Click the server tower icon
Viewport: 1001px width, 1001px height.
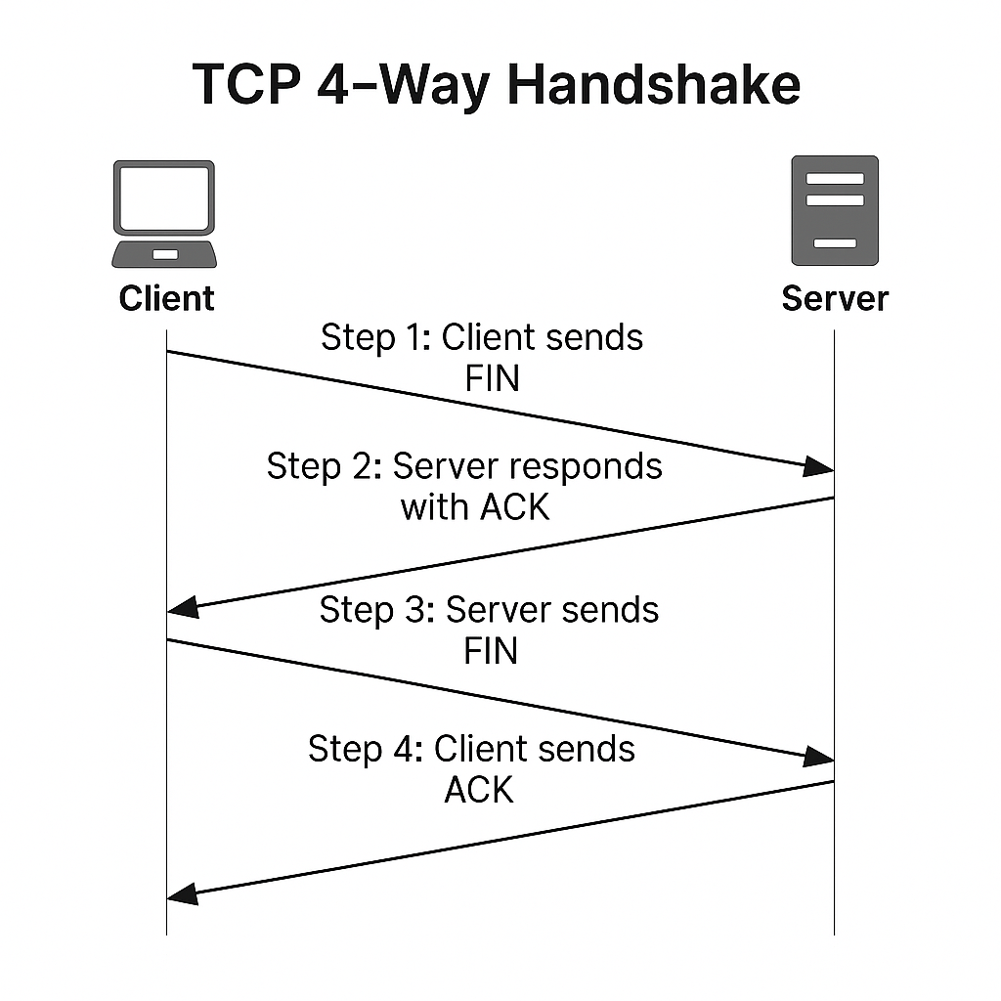coord(834,210)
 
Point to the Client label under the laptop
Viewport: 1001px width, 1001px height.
coord(166,298)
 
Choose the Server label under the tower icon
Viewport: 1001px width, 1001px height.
coord(835,298)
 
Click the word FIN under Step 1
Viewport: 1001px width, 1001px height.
coord(492,377)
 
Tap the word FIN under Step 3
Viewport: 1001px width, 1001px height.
coord(491,650)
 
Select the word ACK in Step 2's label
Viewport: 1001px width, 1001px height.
coord(515,507)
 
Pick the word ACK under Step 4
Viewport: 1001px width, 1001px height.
coord(479,790)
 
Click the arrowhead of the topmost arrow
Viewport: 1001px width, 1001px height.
coord(819,467)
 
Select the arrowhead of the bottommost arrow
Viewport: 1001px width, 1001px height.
coord(183,893)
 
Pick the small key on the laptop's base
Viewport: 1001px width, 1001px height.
coord(165,254)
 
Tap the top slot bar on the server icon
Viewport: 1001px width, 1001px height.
coord(834,179)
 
